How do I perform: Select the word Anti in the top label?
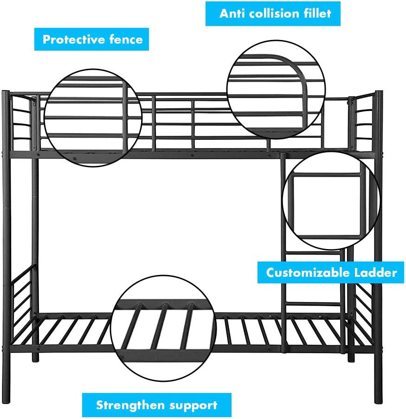coord(232,13)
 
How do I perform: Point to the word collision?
coord(271,13)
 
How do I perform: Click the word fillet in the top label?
coord(317,13)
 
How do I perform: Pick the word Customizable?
coord(306,272)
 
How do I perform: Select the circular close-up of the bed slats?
coord(163,325)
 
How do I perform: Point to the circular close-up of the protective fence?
coord(93,120)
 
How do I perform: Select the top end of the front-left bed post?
coord(6,93)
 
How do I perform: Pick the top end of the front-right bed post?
coord(379,93)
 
